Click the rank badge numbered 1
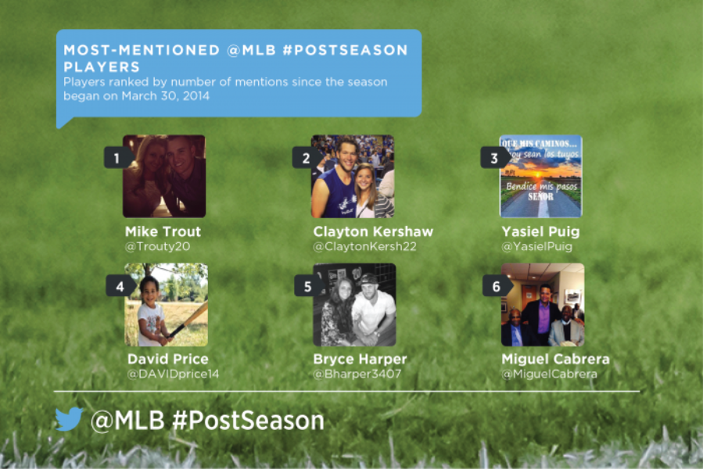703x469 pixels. [x=118, y=158]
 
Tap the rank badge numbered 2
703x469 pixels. [x=307, y=158]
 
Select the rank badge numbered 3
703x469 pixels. [x=495, y=158]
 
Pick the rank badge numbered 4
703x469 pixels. [x=120, y=286]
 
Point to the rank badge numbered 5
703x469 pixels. [x=308, y=286]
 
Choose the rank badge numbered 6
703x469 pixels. [x=497, y=286]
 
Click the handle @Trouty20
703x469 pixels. [x=157, y=246]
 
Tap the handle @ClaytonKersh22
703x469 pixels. [x=364, y=246]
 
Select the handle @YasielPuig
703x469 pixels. [x=536, y=246]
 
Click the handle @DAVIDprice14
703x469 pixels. [x=173, y=374]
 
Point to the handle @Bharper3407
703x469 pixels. [x=357, y=374]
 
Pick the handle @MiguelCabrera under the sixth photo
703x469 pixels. [x=549, y=374]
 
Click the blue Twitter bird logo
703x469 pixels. [x=69, y=419]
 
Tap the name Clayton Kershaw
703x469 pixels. [x=373, y=231]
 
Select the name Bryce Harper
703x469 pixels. [x=360, y=359]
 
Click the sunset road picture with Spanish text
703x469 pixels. [x=540, y=176]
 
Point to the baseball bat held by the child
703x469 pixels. [x=188, y=320]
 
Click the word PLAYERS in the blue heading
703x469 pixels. [x=102, y=66]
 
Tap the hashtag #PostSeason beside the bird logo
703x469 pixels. [x=248, y=421]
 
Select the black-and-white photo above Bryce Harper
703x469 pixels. [x=354, y=305]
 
